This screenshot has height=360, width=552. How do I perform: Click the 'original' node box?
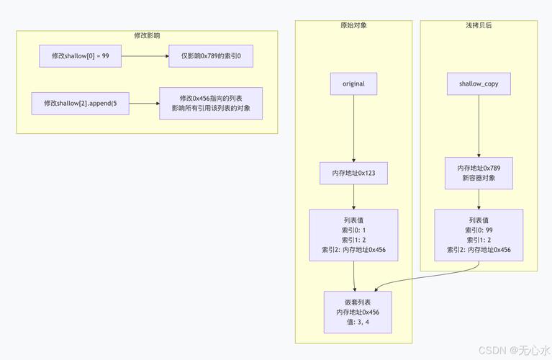coord(353,84)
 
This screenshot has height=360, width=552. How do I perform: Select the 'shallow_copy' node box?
coord(479,84)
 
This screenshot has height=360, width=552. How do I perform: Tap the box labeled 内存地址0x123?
coord(353,174)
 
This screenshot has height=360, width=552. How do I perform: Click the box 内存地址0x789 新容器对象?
coord(479,173)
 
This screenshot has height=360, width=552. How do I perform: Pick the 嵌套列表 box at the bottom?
coord(358,312)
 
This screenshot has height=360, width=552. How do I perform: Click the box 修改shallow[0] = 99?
coord(80,56)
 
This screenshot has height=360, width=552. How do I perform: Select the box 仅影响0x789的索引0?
coord(211,56)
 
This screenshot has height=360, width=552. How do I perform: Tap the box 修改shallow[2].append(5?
coord(80,103)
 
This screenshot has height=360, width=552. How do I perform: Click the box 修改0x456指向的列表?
coord(211,103)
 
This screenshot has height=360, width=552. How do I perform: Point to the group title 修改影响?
coord(147,35)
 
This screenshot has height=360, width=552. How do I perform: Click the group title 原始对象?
coord(353,25)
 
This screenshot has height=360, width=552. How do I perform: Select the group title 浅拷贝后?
coord(479,25)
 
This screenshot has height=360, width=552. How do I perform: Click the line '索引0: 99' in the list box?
coord(479,230)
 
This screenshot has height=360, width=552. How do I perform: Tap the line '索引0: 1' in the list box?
coord(353,230)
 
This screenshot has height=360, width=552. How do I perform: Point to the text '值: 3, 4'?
coord(358,322)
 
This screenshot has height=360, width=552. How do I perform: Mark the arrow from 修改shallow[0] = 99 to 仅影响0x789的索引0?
coord(144,56)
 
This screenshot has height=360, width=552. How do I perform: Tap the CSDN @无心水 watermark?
coord(517,350)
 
